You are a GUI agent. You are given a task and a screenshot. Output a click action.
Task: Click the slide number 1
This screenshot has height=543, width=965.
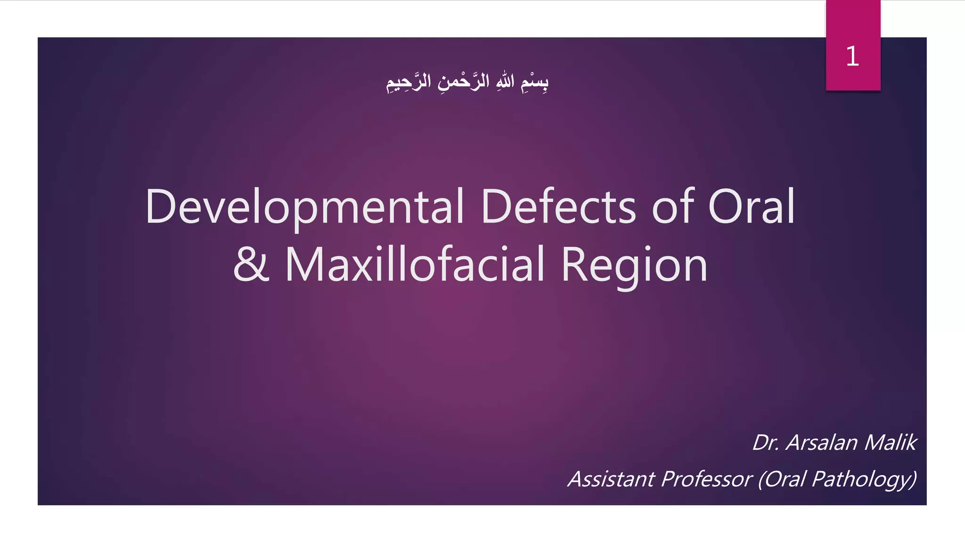click(x=852, y=57)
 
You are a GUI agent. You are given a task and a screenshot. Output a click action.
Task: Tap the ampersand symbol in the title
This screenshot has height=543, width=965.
click(x=252, y=264)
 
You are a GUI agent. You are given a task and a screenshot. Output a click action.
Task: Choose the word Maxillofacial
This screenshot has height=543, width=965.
click(x=415, y=264)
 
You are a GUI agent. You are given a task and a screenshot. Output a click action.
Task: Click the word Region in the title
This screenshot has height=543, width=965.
click(x=634, y=265)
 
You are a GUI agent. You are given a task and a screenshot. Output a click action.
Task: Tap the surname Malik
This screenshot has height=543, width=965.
click(x=890, y=443)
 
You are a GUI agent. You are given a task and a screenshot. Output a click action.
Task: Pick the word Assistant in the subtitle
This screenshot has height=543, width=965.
click(x=611, y=479)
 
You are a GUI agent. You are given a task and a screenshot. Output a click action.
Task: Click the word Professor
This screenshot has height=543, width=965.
click(x=706, y=479)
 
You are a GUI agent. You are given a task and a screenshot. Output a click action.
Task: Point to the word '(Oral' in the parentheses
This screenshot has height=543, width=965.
click(x=782, y=479)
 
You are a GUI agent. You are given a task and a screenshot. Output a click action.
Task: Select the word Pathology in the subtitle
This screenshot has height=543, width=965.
click(x=865, y=479)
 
